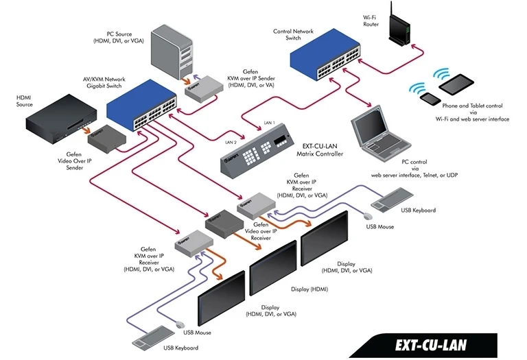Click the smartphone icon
(x=431, y=99)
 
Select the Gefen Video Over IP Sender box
(x=109, y=141)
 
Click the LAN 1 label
(x=270, y=123)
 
